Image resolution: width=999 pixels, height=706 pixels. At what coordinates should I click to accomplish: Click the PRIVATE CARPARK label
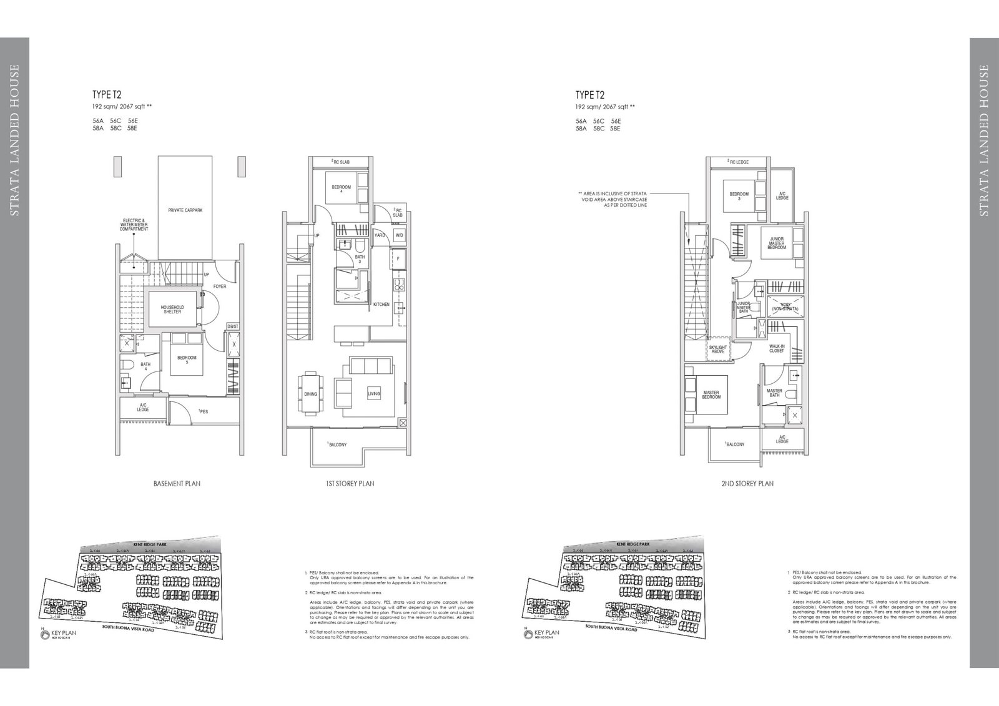(x=185, y=210)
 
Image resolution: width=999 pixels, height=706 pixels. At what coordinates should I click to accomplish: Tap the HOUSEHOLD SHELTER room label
(x=172, y=309)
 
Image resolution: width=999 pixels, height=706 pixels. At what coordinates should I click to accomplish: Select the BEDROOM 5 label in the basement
(x=187, y=360)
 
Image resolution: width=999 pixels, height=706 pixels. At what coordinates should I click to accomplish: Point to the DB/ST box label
(x=232, y=326)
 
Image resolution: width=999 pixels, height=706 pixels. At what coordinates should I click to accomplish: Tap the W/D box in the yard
(x=399, y=235)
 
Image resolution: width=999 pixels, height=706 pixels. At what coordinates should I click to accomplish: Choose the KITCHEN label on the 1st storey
(x=381, y=305)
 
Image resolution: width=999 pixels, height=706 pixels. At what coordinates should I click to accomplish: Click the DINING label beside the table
(x=310, y=394)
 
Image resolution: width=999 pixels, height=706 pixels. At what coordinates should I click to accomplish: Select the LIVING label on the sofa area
(x=373, y=394)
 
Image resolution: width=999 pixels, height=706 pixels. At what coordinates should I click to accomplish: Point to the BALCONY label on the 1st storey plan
(x=338, y=444)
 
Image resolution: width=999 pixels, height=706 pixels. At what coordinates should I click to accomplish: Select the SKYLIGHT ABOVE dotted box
(x=718, y=349)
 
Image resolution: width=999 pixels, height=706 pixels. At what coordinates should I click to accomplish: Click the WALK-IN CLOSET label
(x=777, y=348)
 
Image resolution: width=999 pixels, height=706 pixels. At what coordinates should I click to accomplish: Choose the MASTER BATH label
(x=774, y=393)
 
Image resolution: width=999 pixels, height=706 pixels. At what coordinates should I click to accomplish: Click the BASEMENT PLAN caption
(x=177, y=484)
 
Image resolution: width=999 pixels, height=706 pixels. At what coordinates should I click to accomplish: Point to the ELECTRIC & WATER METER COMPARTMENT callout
(x=134, y=225)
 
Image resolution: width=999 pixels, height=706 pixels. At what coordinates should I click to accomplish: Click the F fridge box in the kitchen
(x=398, y=258)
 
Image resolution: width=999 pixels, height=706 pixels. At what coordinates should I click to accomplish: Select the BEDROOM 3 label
(x=739, y=197)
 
